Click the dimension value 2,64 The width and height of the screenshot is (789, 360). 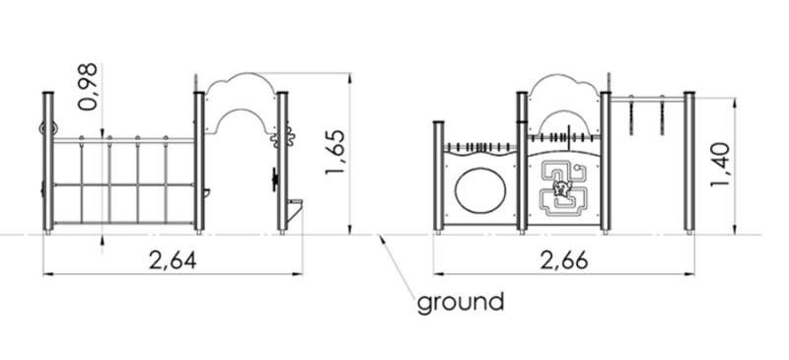click(173, 260)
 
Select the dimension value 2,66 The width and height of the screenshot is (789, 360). click(564, 260)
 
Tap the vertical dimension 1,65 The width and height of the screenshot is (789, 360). click(334, 153)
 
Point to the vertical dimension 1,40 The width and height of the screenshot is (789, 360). click(720, 165)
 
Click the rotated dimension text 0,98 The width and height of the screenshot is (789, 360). click(88, 86)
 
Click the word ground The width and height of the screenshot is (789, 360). click(461, 303)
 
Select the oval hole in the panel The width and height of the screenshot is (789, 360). click(480, 190)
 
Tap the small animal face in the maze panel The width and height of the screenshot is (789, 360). click(559, 189)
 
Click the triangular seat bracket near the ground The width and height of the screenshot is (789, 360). click(294, 210)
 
